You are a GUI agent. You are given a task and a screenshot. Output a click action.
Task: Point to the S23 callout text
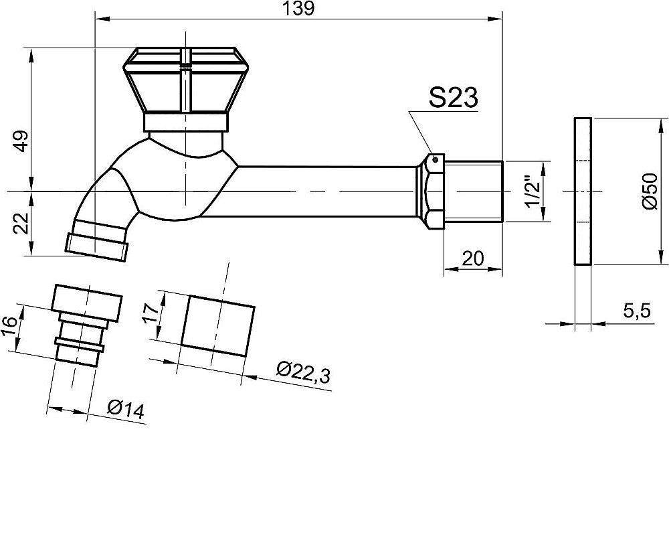click(x=453, y=97)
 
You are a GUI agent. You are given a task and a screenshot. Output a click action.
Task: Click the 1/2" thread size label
click(x=533, y=192)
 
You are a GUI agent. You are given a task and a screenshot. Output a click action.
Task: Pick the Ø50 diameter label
click(x=649, y=191)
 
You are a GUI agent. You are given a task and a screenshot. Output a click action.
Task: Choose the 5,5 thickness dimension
click(x=637, y=311)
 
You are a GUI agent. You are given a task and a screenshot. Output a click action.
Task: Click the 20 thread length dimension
click(x=473, y=258)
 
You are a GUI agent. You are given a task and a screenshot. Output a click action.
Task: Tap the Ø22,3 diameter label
click(x=303, y=372)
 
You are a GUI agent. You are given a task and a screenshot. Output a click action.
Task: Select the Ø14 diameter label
click(x=126, y=410)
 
